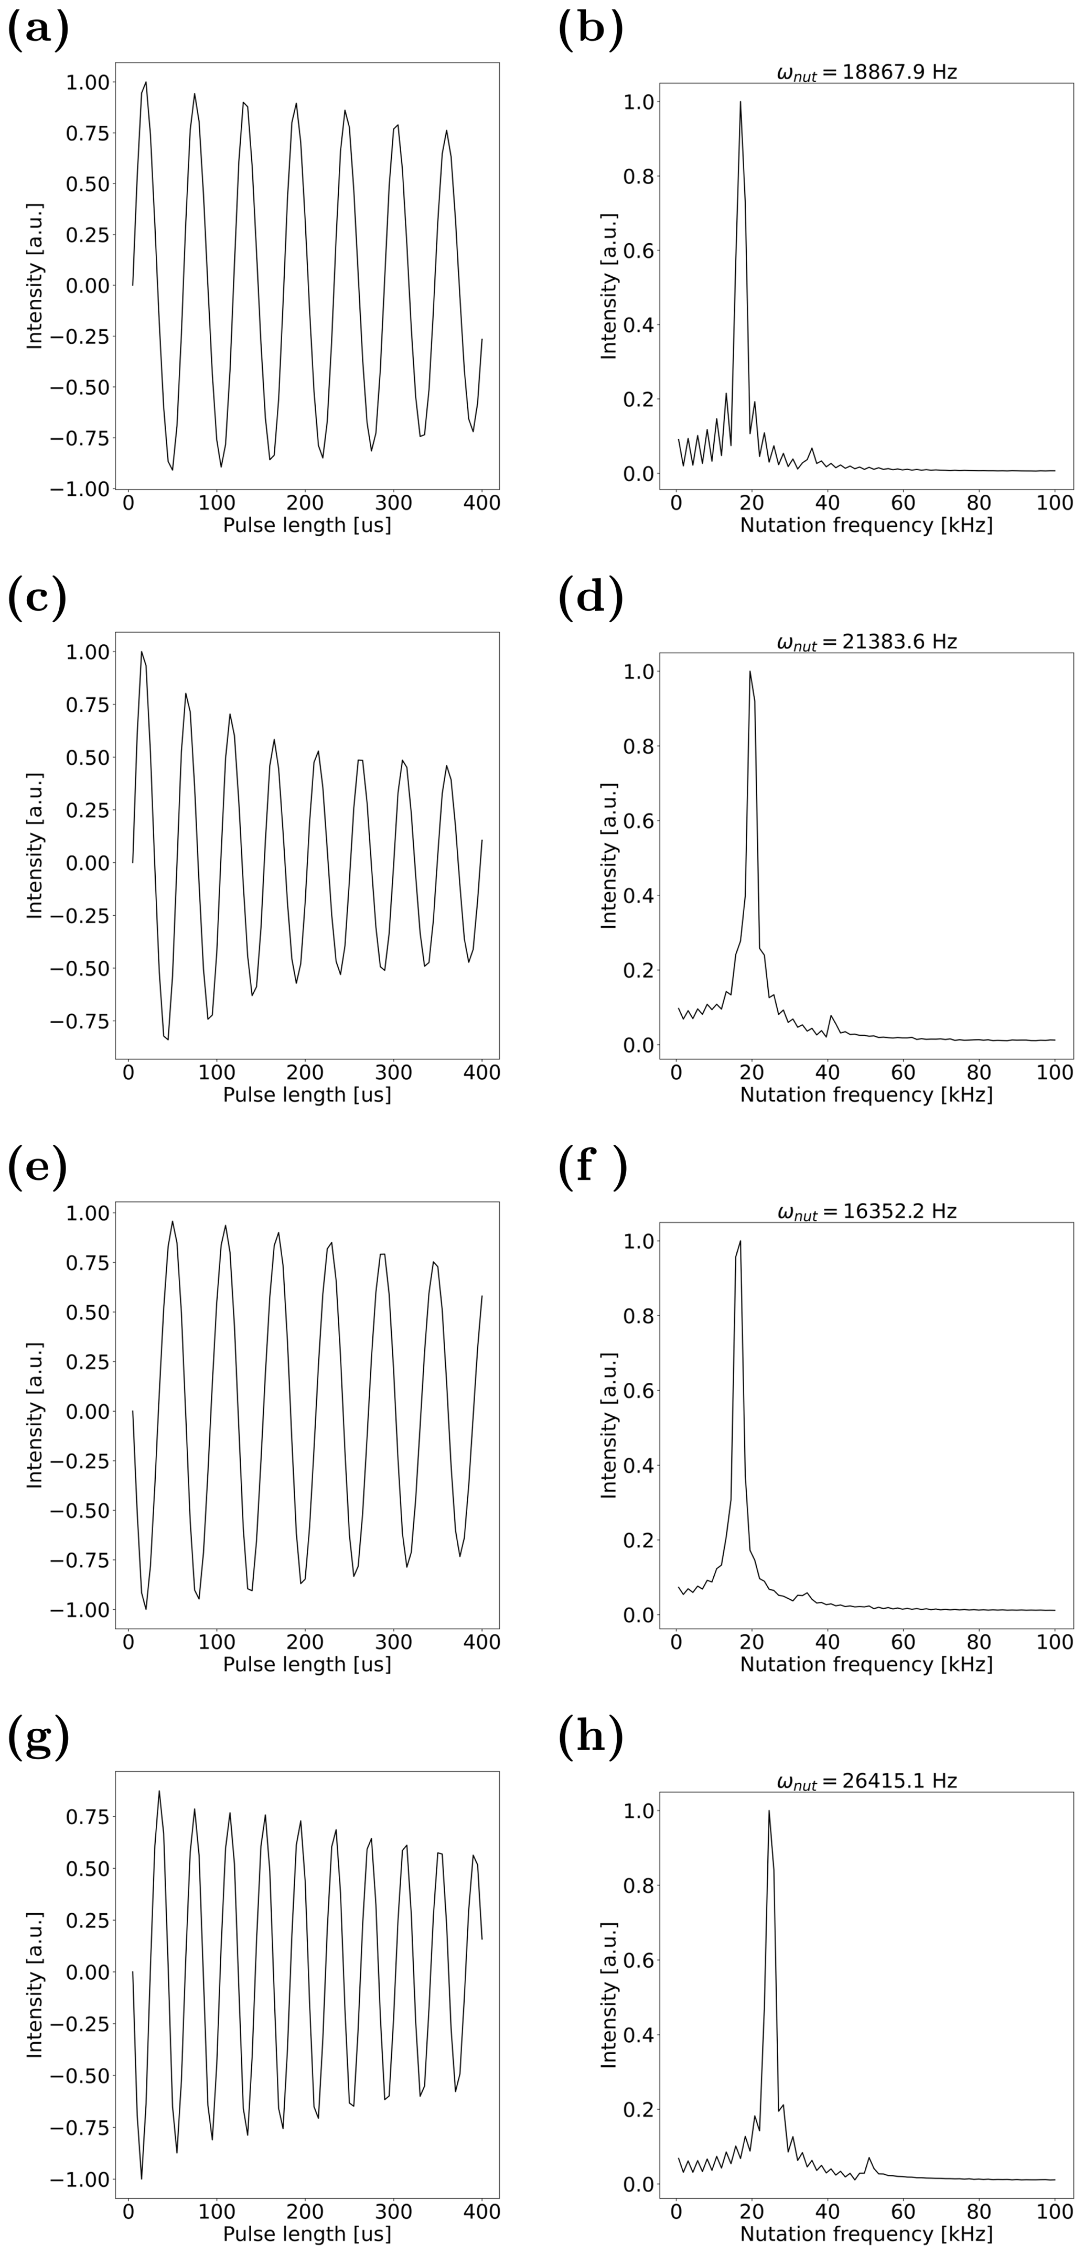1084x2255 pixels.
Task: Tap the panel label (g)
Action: click(38, 1737)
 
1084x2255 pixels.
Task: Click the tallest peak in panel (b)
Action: click(740, 102)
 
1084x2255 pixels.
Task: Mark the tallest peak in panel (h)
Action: click(769, 1811)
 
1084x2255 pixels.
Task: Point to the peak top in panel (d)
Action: click(749, 673)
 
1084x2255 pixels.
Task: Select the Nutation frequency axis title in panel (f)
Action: click(866, 1664)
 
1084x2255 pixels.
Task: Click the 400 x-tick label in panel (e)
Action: click(481, 1642)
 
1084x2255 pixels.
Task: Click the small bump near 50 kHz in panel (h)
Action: click(868, 2158)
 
